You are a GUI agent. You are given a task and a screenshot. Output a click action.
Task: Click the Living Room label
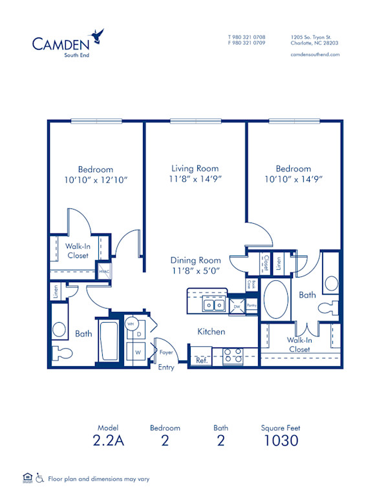pyautogui.click(x=195, y=168)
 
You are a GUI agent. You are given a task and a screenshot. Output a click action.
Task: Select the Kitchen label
pyautogui.click(x=211, y=331)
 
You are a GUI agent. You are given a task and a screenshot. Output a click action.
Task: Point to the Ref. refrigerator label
pyautogui.click(x=202, y=360)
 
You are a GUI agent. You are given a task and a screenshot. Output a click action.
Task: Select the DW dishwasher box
pyautogui.click(x=237, y=307)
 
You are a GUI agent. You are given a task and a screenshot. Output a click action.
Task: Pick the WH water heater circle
pyautogui.click(x=131, y=323)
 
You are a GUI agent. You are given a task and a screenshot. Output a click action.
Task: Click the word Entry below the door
pyautogui.click(x=166, y=367)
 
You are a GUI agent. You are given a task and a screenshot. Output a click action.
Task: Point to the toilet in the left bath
pyautogui.click(x=63, y=353)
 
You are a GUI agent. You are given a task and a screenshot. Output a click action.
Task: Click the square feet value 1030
pyautogui.click(x=280, y=441)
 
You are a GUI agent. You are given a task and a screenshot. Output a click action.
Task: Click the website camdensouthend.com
pyautogui.click(x=315, y=55)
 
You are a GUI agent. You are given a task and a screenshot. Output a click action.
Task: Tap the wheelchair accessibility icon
pyautogui.click(x=39, y=479)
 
